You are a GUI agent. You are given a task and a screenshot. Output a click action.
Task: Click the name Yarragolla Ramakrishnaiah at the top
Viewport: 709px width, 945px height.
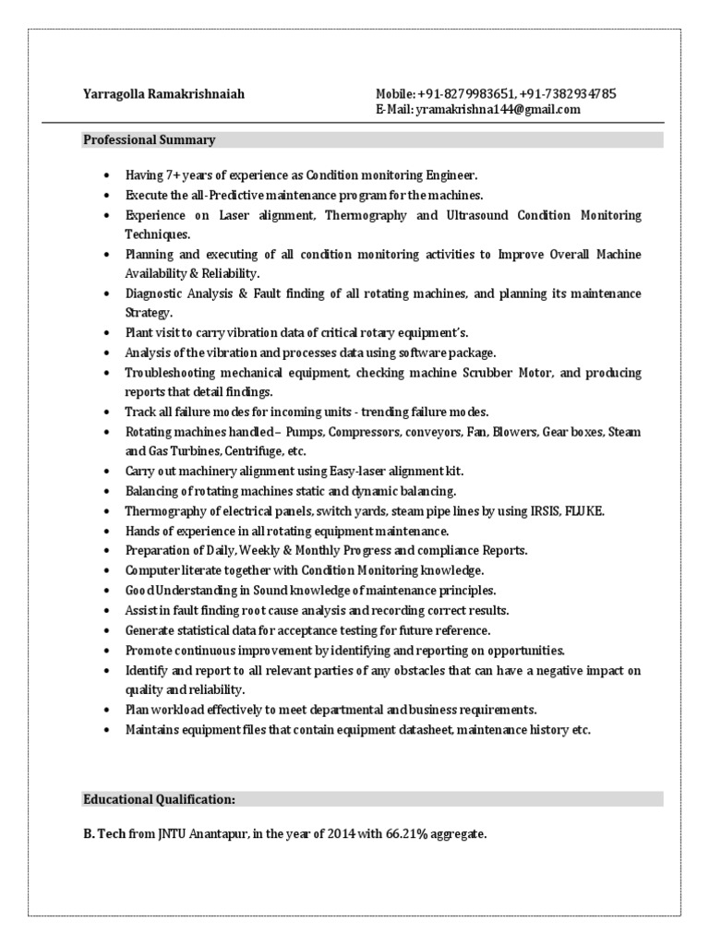point(163,94)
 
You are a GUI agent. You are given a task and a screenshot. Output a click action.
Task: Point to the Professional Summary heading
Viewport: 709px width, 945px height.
point(150,140)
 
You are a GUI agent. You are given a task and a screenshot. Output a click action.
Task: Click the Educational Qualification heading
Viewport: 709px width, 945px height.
point(160,799)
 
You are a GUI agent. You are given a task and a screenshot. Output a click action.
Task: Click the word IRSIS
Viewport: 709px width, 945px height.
point(541,510)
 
